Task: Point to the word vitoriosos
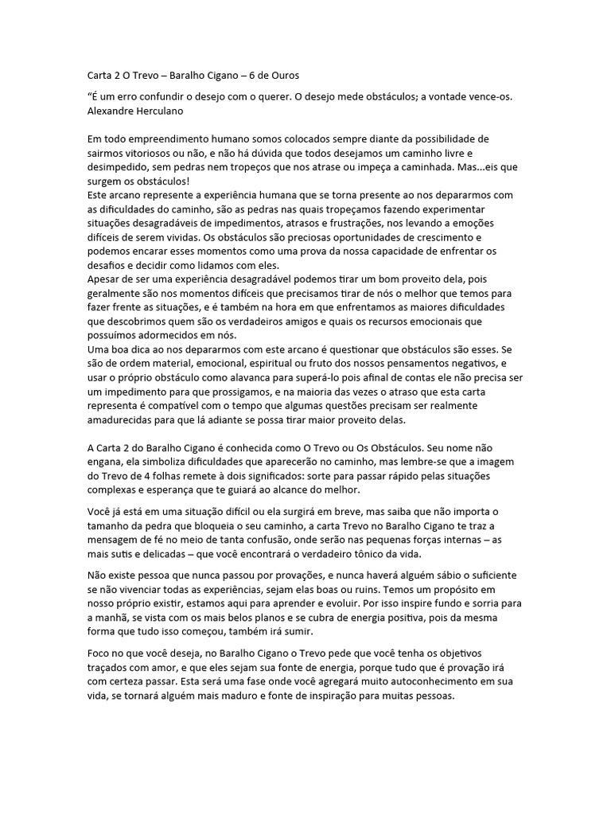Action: coord(145,153)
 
